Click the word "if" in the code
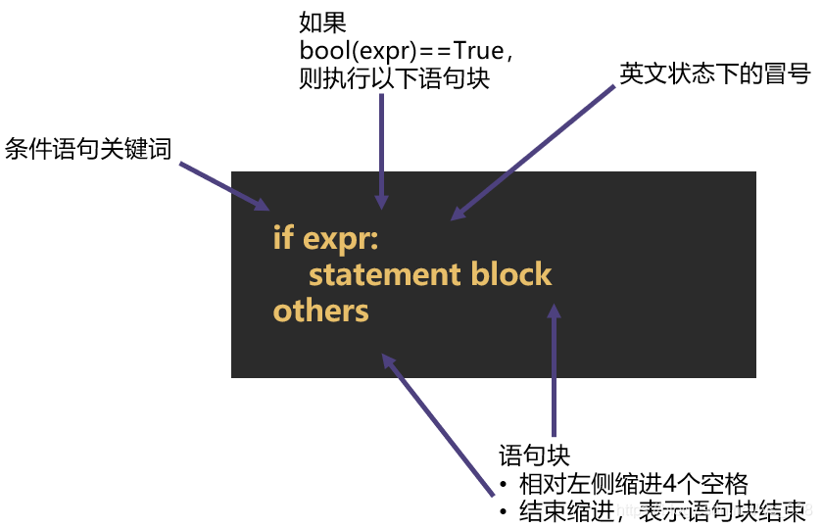tap(282, 238)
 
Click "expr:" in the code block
tap(341, 240)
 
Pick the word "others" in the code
tap(321, 312)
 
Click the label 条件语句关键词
tap(88, 149)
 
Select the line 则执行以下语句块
tap(394, 80)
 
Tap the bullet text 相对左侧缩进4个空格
tap(633, 483)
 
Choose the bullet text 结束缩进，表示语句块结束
tap(662, 510)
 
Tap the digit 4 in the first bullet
tap(670, 483)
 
